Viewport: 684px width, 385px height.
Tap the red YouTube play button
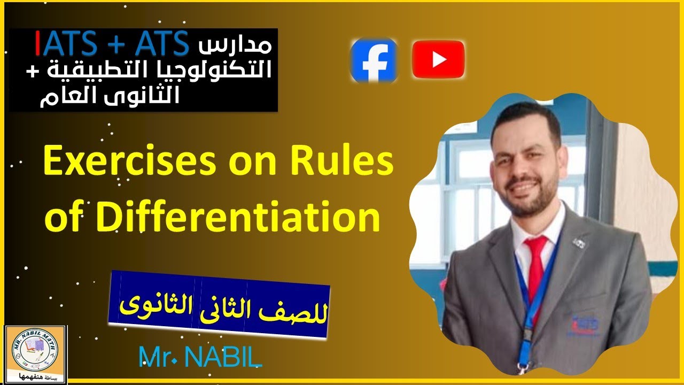[438, 60]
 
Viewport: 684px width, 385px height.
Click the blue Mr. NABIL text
[200, 357]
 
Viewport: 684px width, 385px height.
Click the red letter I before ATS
[38, 43]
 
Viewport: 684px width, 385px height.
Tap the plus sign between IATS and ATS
[118, 44]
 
